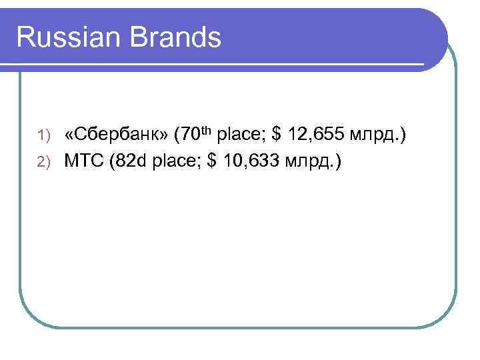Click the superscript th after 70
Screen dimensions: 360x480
coord(211,131)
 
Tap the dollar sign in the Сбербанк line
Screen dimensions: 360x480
coord(277,136)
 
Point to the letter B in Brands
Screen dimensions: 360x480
coord(141,37)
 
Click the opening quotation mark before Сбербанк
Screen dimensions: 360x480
coord(69,137)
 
